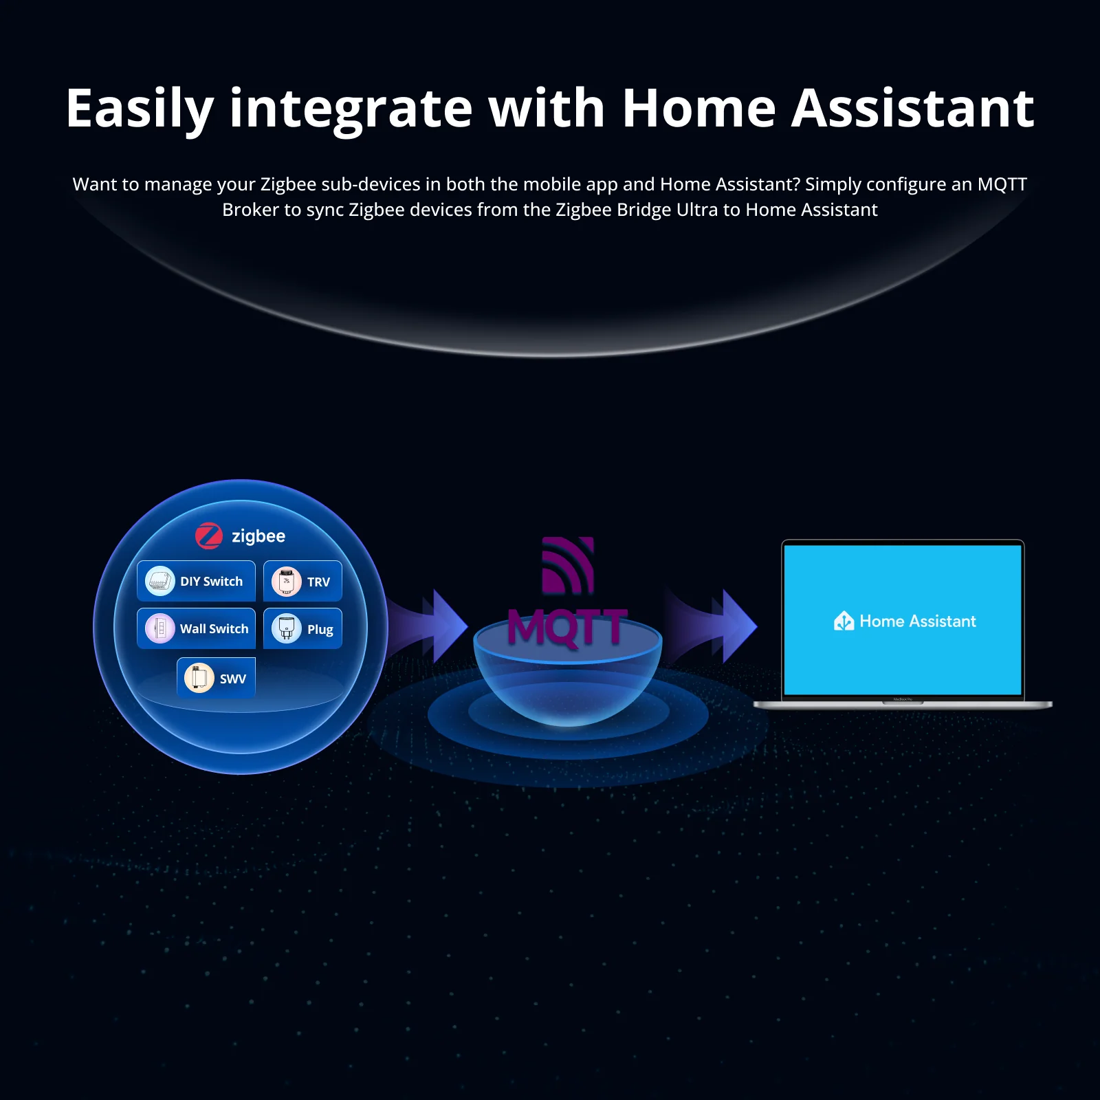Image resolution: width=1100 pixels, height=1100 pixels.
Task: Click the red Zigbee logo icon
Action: [x=209, y=536]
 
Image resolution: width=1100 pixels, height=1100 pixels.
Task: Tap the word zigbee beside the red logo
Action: [x=258, y=536]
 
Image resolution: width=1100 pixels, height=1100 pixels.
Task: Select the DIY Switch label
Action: [x=211, y=582]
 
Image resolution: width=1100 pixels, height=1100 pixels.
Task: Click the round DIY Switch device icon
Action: [x=160, y=581]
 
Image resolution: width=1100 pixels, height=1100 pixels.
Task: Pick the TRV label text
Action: [x=318, y=582]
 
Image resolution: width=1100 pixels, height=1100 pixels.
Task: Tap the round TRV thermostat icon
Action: [x=287, y=582]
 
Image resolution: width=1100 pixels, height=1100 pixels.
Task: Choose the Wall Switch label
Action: [x=214, y=629]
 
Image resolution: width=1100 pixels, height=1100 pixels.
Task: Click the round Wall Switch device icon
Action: [x=160, y=628]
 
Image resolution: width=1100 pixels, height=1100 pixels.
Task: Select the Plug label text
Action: [x=320, y=630]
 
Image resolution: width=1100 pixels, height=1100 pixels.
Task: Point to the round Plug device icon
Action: [x=287, y=628]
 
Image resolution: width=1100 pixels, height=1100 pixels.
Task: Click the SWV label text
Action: [x=232, y=679]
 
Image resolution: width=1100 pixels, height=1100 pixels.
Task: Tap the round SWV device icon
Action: [x=199, y=679]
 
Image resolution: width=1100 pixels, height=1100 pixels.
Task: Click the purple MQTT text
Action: [x=567, y=628]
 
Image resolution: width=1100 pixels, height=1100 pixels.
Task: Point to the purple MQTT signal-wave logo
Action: [x=568, y=565]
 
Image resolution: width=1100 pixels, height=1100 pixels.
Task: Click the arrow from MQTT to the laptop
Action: [x=722, y=626]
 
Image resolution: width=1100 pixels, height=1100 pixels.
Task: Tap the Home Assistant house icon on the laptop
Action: [x=844, y=621]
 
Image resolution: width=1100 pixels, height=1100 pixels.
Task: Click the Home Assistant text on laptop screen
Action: [x=918, y=621]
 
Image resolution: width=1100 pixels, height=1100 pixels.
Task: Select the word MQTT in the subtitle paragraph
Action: [x=1002, y=184]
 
